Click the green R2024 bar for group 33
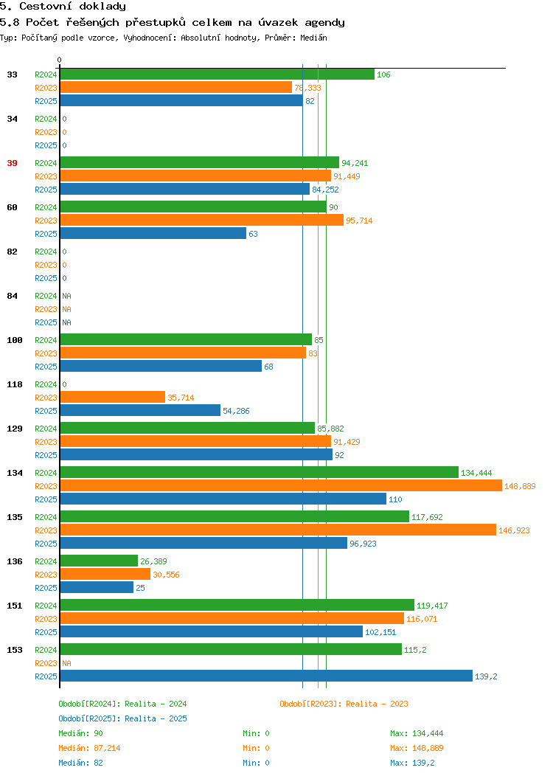(217, 75)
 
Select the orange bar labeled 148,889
(281, 486)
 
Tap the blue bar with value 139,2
(266, 676)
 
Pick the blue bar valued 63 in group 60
(153, 234)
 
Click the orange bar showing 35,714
(112, 398)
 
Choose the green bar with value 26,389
(99, 561)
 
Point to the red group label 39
(12, 163)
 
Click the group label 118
(14, 384)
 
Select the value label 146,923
(514, 530)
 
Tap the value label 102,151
(380, 632)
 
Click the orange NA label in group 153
(67, 663)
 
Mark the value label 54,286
(236, 412)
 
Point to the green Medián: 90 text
(80, 733)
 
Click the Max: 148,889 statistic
(417, 748)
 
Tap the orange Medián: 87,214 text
(89, 748)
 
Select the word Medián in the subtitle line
(313, 38)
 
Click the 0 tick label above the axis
(60, 60)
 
